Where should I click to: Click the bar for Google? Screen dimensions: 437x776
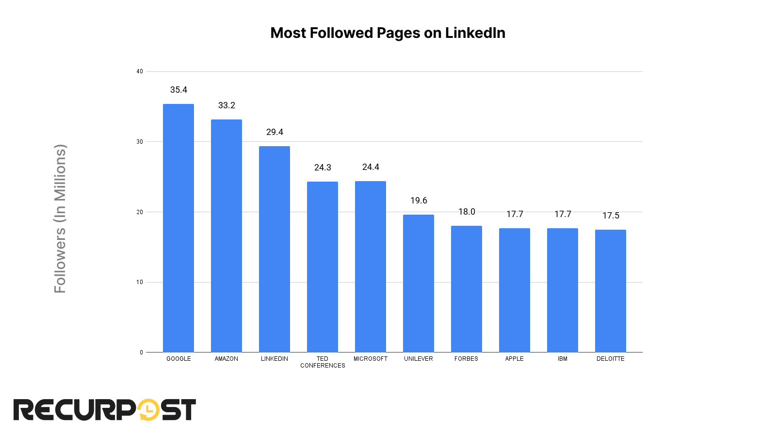point(178,228)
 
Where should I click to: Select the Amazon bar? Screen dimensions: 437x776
point(226,236)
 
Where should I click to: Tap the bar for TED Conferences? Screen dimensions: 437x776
point(323,267)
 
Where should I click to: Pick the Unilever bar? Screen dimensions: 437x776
point(419,284)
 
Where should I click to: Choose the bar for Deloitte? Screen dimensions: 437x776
point(611,291)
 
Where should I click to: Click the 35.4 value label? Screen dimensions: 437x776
point(178,90)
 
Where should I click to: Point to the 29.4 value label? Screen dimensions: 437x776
point(275,132)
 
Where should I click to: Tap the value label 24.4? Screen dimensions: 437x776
point(371,167)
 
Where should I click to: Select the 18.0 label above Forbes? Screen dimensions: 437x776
point(467,212)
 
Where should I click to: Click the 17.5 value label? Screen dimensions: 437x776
point(611,216)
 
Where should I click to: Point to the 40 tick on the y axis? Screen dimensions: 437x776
point(140,71)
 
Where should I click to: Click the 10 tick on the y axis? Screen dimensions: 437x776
point(140,282)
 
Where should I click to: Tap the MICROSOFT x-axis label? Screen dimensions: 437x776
point(371,359)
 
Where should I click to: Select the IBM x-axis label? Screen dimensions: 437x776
point(563,359)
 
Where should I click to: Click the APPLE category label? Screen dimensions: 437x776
point(515,359)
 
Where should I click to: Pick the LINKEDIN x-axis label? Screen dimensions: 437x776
point(275,359)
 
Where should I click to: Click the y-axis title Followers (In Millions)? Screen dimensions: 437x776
point(60,218)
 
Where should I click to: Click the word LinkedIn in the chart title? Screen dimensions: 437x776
point(475,33)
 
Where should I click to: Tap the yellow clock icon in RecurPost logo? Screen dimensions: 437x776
point(148,410)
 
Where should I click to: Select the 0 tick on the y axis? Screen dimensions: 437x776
point(141,353)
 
